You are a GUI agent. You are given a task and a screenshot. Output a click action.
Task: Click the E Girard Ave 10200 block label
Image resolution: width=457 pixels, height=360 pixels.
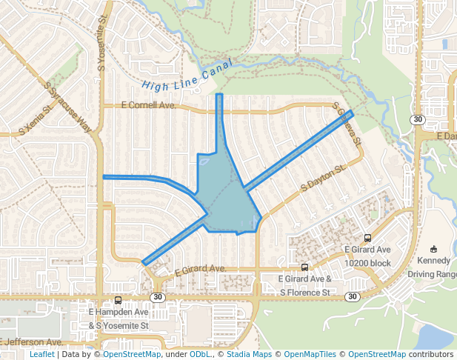click(368, 256)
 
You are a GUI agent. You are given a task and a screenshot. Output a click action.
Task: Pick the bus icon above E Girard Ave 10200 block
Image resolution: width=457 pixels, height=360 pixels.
click(368, 239)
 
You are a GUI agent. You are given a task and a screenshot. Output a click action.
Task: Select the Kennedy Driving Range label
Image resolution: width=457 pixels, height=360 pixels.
click(433, 267)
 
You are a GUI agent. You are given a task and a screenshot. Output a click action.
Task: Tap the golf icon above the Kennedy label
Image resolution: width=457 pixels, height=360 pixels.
click(433, 248)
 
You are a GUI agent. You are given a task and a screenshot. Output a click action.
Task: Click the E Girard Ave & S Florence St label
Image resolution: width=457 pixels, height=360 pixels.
click(304, 285)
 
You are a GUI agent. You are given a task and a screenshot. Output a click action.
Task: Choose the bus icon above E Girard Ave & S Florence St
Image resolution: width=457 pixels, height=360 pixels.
click(304, 267)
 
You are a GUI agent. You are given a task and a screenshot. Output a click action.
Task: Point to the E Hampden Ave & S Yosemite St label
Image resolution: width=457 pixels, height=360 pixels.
click(119, 319)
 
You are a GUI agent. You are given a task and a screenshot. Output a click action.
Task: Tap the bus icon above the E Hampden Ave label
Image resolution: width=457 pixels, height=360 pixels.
click(118, 301)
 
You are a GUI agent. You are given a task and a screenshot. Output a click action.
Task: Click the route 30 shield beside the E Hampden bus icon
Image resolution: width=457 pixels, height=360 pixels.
click(156, 297)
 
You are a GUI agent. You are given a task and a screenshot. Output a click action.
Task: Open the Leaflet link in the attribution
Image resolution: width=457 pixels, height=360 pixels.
click(41, 354)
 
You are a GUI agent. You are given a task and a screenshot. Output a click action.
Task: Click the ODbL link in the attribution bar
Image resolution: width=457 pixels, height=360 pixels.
click(199, 354)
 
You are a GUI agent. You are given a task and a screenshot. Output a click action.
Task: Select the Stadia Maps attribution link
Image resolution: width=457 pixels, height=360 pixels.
click(249, 354)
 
